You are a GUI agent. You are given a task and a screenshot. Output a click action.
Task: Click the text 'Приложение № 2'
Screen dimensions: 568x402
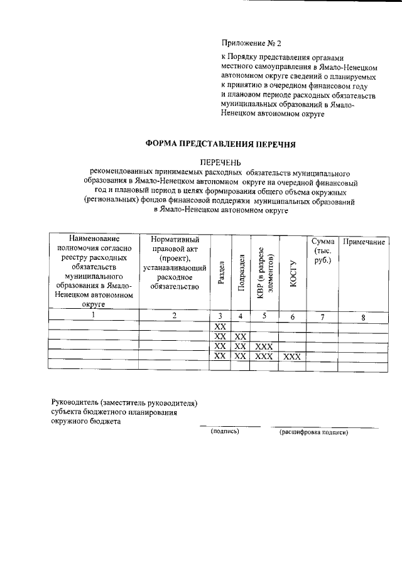point(251,43)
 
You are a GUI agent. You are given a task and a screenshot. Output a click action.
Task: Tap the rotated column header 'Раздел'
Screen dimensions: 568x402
point(220,273)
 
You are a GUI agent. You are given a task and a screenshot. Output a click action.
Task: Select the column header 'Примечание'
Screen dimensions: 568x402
point(363,242)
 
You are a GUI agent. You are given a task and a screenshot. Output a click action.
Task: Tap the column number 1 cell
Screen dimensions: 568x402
point(94,316)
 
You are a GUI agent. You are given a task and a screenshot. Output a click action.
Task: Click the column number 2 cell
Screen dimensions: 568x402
point(175,316)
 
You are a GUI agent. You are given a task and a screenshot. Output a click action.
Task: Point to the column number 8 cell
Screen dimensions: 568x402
point(363,317)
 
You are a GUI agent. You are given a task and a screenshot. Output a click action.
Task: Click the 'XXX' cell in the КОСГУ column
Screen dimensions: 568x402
point(292,356)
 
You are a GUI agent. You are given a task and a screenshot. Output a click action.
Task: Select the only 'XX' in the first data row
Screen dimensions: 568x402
point(220,327)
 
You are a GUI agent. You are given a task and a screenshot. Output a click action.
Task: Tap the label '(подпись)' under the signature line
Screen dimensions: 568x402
point(226,431)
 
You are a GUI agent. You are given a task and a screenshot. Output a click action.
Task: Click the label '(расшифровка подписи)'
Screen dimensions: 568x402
point(313,432)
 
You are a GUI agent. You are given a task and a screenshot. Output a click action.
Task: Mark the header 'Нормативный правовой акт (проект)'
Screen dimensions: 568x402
point(175,263)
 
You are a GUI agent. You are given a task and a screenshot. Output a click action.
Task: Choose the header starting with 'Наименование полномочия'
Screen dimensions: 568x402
point(94,271)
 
